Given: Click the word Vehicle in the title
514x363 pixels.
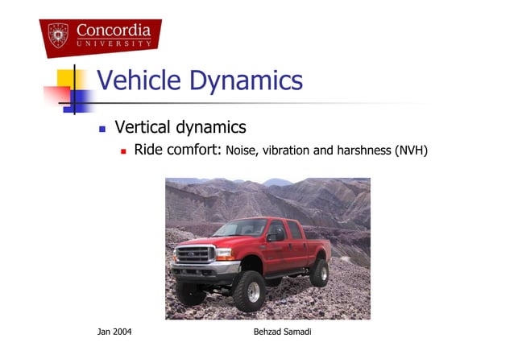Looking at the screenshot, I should tap(138, 80).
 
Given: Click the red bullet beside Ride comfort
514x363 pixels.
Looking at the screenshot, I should tap(124, 151).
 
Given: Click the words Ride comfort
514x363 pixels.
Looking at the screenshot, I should tap(177, 150).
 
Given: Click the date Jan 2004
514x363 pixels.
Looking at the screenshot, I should tap(115, 332).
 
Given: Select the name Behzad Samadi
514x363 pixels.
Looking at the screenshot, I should tap(276, 332).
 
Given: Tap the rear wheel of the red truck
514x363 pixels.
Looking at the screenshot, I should tap(320, 272).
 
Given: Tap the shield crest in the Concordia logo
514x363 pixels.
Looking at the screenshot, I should tap(58, 35).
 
